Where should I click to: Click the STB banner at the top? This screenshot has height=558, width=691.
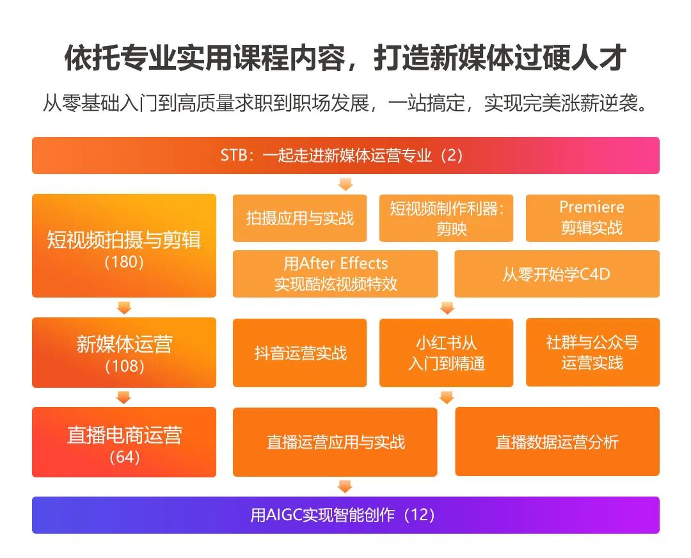coord(345,155)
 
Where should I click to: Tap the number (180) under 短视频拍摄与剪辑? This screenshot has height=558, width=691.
coord(124,262)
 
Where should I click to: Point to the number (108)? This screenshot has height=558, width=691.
coord(124,367)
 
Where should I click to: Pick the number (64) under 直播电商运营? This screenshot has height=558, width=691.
coord(124,458)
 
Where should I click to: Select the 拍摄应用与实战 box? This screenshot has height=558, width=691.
coord(299,218)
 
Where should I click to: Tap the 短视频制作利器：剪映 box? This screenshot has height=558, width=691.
coord(446,218)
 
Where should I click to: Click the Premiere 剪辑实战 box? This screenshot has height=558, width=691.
coord(592,218)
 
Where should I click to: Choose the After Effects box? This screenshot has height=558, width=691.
coord(335,274)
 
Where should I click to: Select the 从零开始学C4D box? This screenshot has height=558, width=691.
coord(557,274)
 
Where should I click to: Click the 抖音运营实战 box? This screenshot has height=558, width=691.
coord(299,353)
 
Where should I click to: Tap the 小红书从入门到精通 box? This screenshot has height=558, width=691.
coord(446,353)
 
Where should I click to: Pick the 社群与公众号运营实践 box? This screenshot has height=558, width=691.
coord(592,353)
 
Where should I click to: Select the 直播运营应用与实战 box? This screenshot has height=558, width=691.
coord(335,442)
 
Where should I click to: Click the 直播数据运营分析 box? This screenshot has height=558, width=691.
coord(557,442)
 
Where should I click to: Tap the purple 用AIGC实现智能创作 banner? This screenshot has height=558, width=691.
coord(345,515)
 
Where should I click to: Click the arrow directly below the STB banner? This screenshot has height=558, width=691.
coord(345,184)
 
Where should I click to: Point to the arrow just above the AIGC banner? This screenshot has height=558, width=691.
coord(345,487)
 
